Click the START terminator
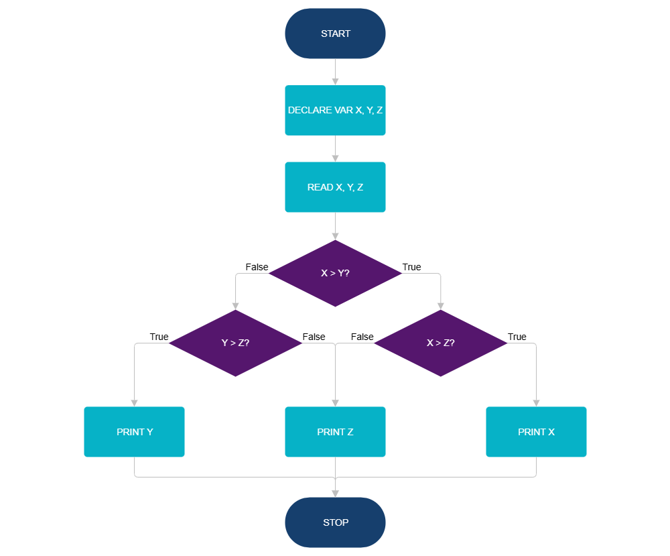(x=335, y=34)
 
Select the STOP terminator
(x=335, y=522)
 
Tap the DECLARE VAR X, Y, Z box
(x=335, y=110)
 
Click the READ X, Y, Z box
(x=335, y=187)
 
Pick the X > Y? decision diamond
(x=335, y=274)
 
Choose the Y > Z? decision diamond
(x=235, y=343)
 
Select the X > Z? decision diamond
(x=440, y=343)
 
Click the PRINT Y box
(x=134, y=432)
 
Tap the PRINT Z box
(x=335, y=432)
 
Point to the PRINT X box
(x=536, y=432)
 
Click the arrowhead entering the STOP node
(x=335, y=493)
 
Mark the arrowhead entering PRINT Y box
(x=134, y=402)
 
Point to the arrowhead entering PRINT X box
(x=536, y=402)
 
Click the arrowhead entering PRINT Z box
(x=335, y=402)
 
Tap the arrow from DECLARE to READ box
(x=335, y=148)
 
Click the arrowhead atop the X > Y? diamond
(x=335, y=236)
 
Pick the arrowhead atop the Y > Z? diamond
(x=235, y=305)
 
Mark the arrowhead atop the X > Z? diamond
(x=440, y=305)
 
